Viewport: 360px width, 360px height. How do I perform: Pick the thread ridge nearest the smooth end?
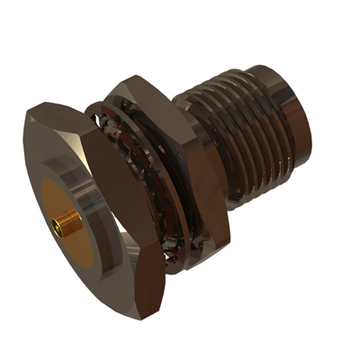[x=270, y=126]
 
